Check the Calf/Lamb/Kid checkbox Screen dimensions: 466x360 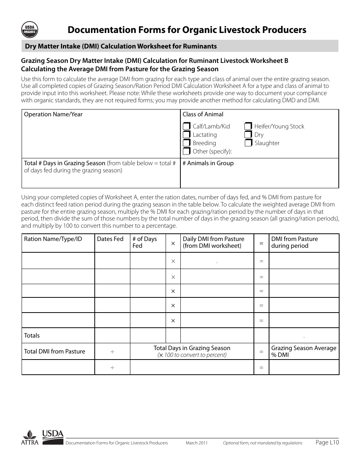[x=186, y=127]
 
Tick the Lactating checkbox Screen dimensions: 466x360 [x=186, y=135]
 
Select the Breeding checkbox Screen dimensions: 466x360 [x=186, y=143]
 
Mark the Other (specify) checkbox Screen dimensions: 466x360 [x=186, y=152]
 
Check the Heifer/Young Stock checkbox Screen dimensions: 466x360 [x=248, y=127]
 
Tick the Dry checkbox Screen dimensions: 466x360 [x=248, y=135]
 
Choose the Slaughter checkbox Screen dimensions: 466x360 [x=248, y=143]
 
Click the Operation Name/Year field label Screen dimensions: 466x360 [x=53, y=114]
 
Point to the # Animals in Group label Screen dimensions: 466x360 [x=208, y=163]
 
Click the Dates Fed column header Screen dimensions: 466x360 [x=110, y=239]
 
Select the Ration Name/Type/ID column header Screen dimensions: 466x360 [x=53, y=239]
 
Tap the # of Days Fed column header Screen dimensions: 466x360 [x=144, y=242]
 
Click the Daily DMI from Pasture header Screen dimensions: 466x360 [x=213, y=242]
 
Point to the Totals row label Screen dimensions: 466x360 [x=32, y=336]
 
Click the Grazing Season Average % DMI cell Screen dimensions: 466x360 [x=304, y=351]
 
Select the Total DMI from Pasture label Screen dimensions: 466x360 [x=55, y=352]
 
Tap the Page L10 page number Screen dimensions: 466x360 [x=327, y=442]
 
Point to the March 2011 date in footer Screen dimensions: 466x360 [x=196, y=443]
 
